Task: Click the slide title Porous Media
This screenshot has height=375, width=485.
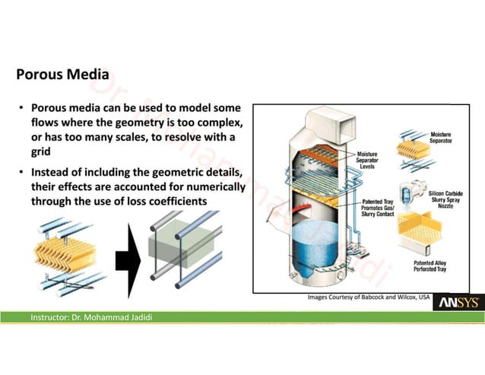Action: pyautogui.click(x=62, y=75)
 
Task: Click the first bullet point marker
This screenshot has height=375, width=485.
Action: pyautogui.click(x=24, y=109)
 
